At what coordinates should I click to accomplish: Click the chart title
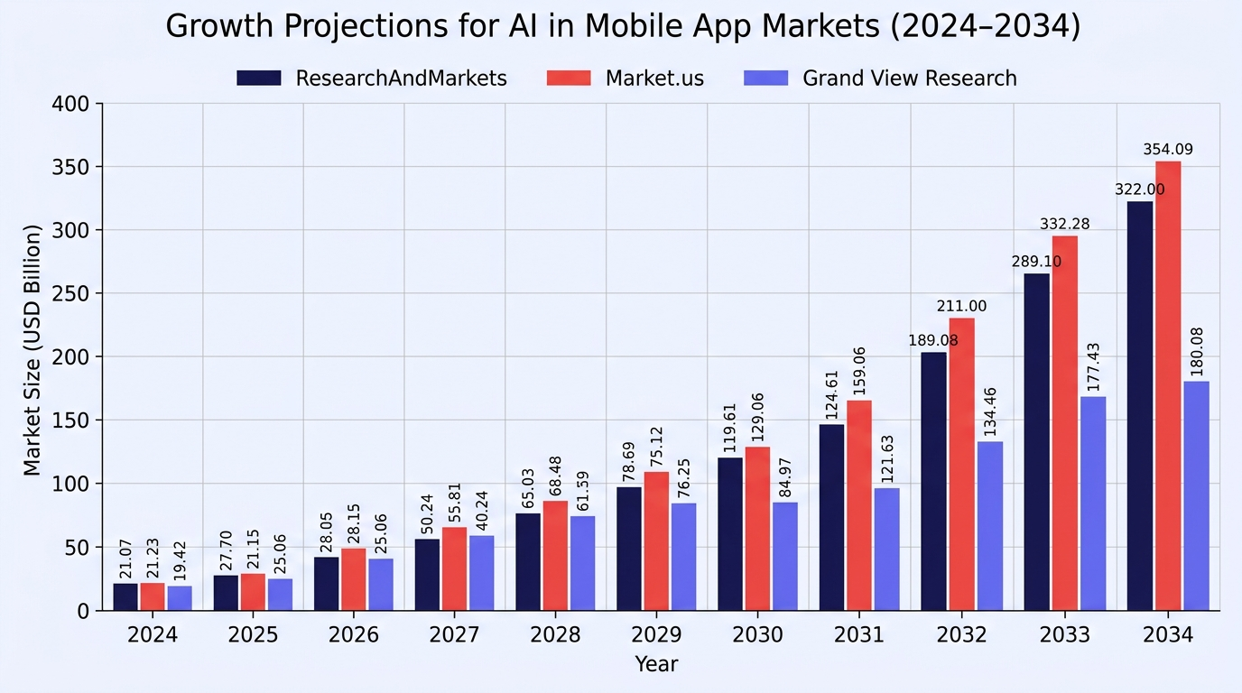tap(623, 26)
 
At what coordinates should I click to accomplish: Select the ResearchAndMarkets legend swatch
tap(259, 79)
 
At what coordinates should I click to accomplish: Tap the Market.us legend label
tap(654, 79)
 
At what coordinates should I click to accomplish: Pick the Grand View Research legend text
tap(910, 79)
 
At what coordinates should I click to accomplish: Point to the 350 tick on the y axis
tap(70, 167)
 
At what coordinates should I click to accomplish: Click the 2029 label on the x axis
tap(656, 634)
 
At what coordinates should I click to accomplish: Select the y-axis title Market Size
tap(32, 350)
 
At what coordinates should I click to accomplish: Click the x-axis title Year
tap(656, 663)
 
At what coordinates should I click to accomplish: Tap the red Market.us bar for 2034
tap(1168, 386)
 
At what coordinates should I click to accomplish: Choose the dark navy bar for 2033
tap(1037, 442)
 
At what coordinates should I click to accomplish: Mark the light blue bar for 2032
tap(990, 526)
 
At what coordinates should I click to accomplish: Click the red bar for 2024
tap(153, 596)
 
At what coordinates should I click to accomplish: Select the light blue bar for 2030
tap(785, 557)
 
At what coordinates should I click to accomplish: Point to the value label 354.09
tap(1168, 149)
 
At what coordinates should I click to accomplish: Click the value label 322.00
tap(1140, 189)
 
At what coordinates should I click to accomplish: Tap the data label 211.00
tap(962, 306)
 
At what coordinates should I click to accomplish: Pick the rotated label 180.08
tap(1197, 352)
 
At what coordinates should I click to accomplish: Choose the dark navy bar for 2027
tap(427, 575)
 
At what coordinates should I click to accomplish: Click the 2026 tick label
tap(354, 634)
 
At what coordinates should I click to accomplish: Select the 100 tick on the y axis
tap(70, 484)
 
